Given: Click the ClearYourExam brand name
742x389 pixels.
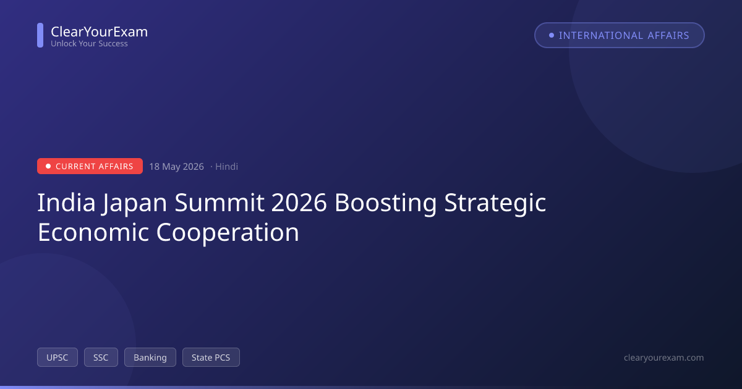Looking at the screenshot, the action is [100, 31].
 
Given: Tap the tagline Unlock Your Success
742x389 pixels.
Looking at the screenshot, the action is [89, 44].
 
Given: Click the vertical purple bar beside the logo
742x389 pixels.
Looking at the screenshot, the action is [40, 35].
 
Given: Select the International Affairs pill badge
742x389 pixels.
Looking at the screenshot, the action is [620, 35].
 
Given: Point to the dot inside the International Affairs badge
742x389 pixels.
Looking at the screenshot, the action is [552, 35].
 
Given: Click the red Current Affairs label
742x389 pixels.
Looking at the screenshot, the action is [90, 166].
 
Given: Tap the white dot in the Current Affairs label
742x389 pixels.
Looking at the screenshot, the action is [48, 166].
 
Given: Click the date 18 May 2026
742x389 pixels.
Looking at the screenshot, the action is [176, 166].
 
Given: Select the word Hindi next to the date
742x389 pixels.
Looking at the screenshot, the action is [226, 166].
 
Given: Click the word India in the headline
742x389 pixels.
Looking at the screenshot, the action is [66, 203].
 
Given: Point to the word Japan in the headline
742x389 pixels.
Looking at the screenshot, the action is [135, 203].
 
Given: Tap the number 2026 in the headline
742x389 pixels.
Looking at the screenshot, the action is [299, 203].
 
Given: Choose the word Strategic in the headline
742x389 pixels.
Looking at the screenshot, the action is [495, 203].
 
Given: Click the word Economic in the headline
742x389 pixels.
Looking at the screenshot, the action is [93, 232].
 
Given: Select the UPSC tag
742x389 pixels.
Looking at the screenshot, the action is [58, 358].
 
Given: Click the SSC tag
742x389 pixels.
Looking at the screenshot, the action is [101, 358].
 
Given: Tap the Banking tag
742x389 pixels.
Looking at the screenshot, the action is [150, 358].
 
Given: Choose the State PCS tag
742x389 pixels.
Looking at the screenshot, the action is [211, 358].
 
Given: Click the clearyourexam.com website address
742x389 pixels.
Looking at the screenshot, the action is [664, 358].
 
